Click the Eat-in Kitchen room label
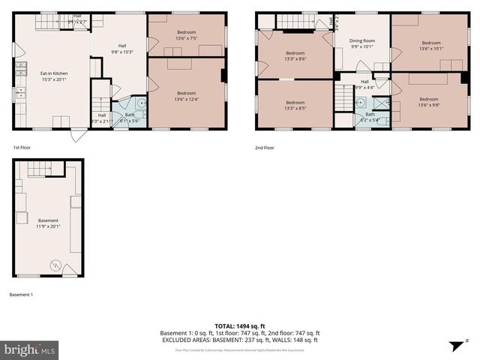click(x=52, y=73)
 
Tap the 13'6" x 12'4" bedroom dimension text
click(x=186, y=98)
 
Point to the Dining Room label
click(x=362, y=43)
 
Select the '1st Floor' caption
click(x=22, y=148)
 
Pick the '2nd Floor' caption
click(x=265, y=148)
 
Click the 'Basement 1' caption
click(x=21, y=295)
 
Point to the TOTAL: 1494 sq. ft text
click(x=240, y=326)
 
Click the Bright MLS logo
click(x=30, y=349)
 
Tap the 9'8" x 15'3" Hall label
click(x=121, y=48)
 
